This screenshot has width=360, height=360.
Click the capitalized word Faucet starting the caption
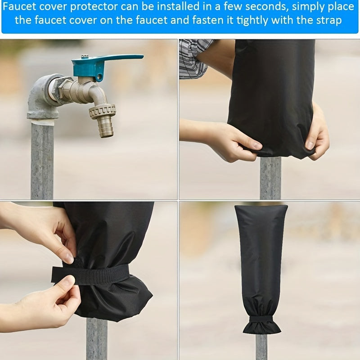(x=19, y=7)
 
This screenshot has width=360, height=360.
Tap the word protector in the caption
(x=94, y=7)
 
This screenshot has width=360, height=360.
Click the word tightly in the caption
(x=252, y=20)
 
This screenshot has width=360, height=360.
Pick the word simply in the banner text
(x=308, y=7)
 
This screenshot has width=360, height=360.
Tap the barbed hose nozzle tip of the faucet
(x=106, y=126)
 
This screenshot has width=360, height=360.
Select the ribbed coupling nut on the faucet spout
(x=103, y=112)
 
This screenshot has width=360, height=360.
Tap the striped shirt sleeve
(x=195, y=59)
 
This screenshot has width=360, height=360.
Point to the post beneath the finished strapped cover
(x=261, y=346)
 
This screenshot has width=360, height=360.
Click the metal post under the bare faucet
(x=42, y=161)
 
